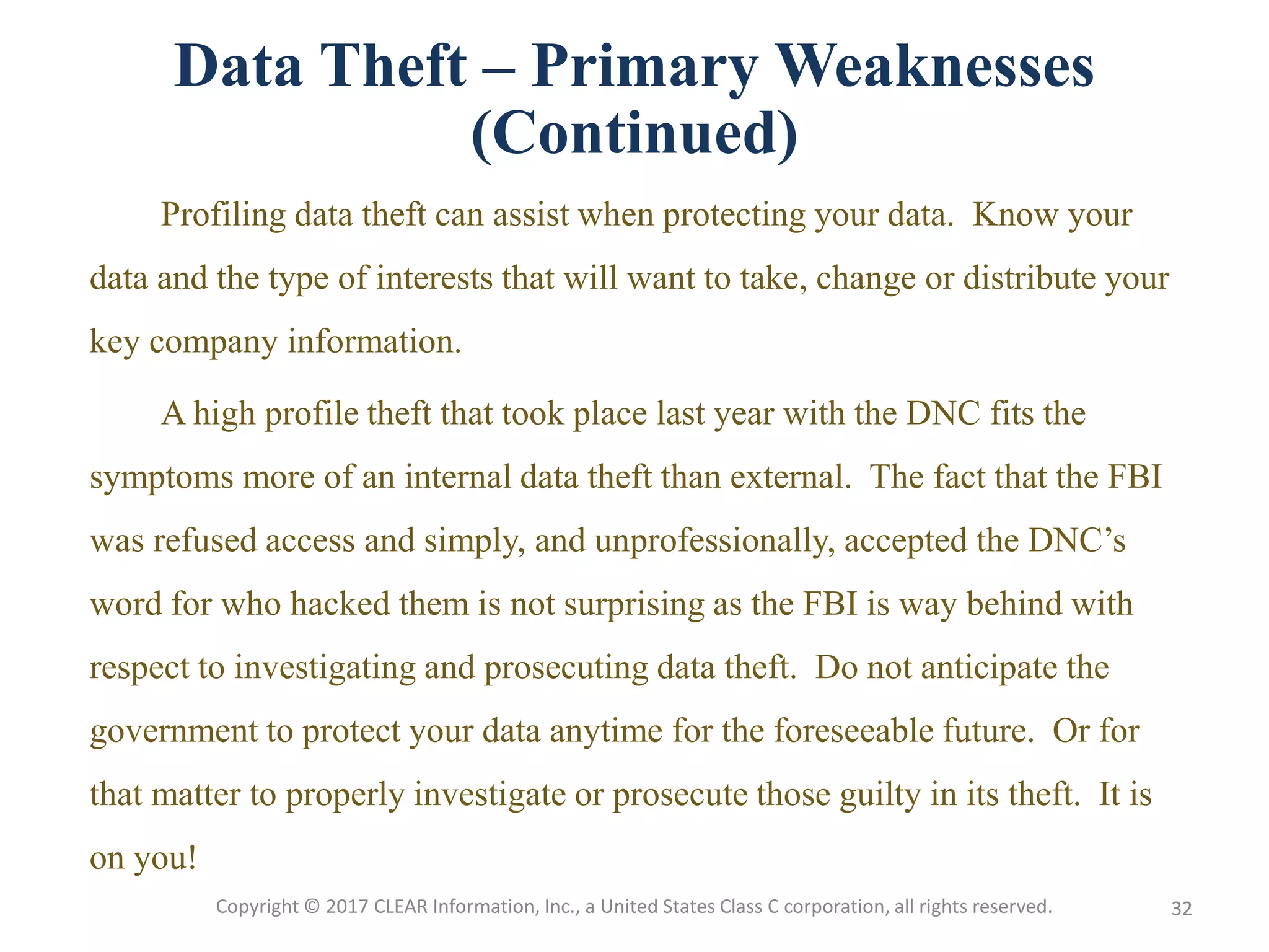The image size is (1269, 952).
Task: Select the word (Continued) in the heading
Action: point(634,133)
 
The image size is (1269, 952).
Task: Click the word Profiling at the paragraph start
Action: point(223,216)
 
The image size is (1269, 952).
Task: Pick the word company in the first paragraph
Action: point(213,343)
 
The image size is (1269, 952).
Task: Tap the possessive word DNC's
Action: point(1077,540)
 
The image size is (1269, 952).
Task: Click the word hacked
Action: point(340,604)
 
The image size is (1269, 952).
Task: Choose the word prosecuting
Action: point(566,669)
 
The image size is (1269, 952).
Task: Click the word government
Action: point(173,732)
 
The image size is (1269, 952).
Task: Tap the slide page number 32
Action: point(1182,909)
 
